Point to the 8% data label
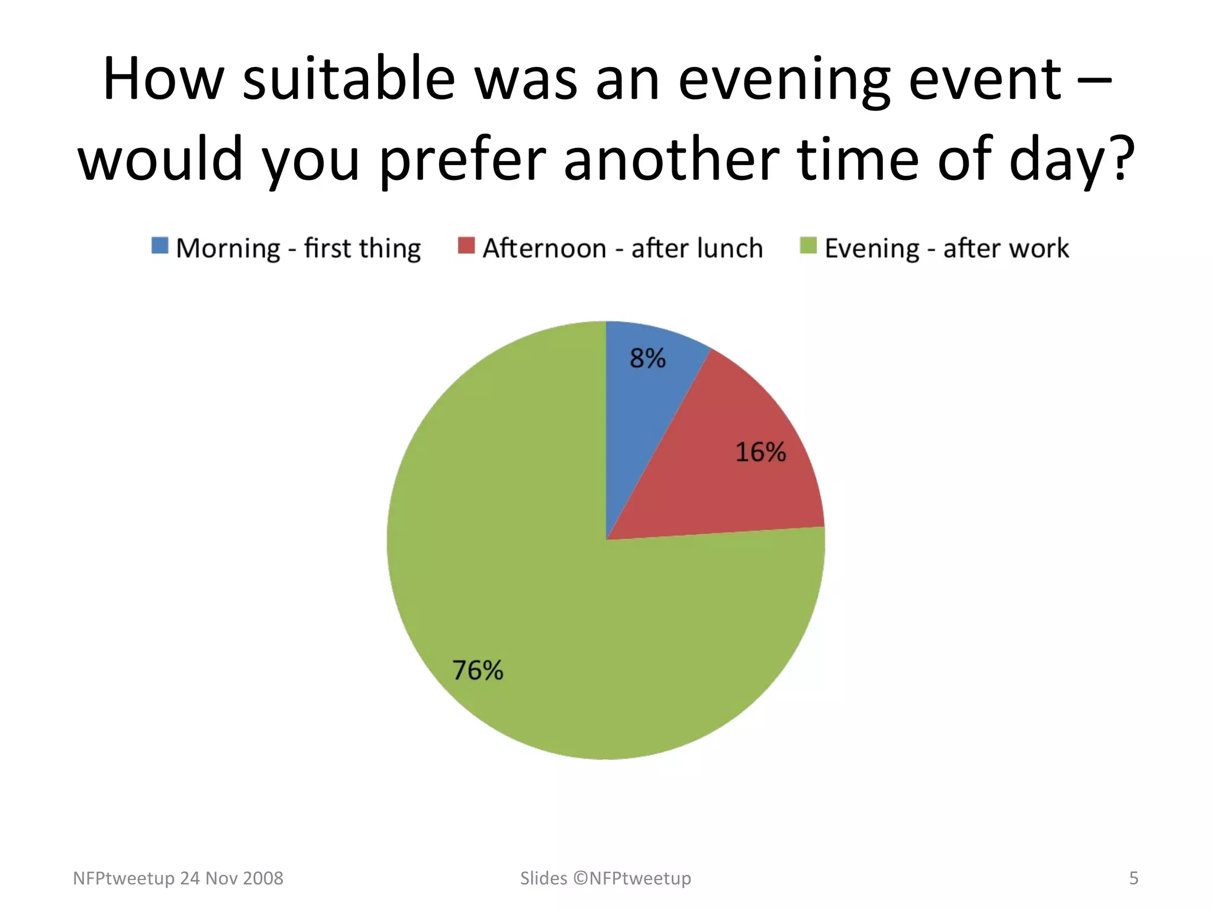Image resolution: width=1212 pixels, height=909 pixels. (x=647, y=358)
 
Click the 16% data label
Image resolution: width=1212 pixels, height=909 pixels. (x=760, y=452)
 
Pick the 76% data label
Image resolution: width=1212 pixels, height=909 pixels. (x=478, y=671)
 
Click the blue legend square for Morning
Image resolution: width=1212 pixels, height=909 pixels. (x=160, y=246)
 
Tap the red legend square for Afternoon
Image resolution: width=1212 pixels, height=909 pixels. (x=466, y=246)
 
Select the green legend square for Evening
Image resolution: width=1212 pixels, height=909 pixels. (x=808, y=246)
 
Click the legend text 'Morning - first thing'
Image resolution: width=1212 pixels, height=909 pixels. (x=298, y=249)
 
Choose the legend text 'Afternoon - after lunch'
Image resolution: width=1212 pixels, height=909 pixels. (x=623, y=249)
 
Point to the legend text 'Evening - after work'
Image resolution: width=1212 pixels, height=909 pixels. (x=947, y=249)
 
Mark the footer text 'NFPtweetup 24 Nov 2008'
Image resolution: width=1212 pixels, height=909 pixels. (x=178, y=878)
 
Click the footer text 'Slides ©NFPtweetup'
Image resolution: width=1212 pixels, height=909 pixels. (x=605, y=878)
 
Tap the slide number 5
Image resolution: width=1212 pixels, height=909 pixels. (x=1133, y=878)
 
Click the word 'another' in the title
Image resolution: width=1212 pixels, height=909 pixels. (x=671, y=159)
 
